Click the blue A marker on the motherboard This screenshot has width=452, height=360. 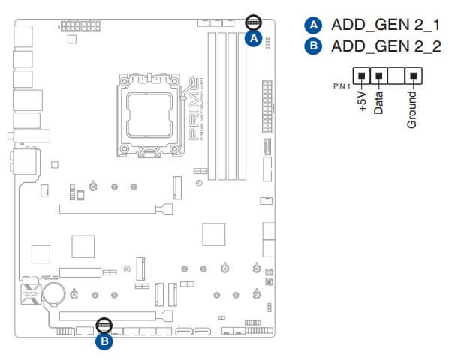(x=254, y=38)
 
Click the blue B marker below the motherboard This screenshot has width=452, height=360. (x=104, y=342)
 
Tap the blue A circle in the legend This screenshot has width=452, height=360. (x=312, y=25)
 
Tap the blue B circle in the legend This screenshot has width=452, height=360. (x=312, y=46)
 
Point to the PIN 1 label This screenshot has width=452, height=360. (x=342, y=85)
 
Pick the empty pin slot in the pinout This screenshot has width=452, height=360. (x=396, y=76)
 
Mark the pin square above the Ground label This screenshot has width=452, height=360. (x=412, y=76)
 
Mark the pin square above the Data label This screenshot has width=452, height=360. (x=379, y=76)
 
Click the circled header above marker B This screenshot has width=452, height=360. (x=104, y=325)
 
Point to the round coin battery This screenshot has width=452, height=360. (x=54, y=291)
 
